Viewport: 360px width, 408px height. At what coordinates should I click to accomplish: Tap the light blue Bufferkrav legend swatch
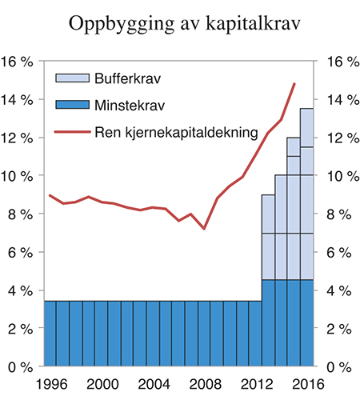(72, 78)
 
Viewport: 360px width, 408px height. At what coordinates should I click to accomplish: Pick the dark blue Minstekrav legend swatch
(72, 105)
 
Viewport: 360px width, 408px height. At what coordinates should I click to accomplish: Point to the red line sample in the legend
(72, 132)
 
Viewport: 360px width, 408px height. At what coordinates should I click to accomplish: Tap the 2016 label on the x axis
(306, 385)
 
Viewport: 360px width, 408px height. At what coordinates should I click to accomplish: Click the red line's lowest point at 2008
(204, 229)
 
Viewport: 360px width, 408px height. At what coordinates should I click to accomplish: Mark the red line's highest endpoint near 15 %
(294, 83)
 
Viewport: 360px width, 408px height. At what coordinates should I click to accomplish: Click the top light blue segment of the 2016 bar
(306, 127)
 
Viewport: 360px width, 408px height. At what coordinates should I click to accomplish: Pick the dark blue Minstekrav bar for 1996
(50, 334)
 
